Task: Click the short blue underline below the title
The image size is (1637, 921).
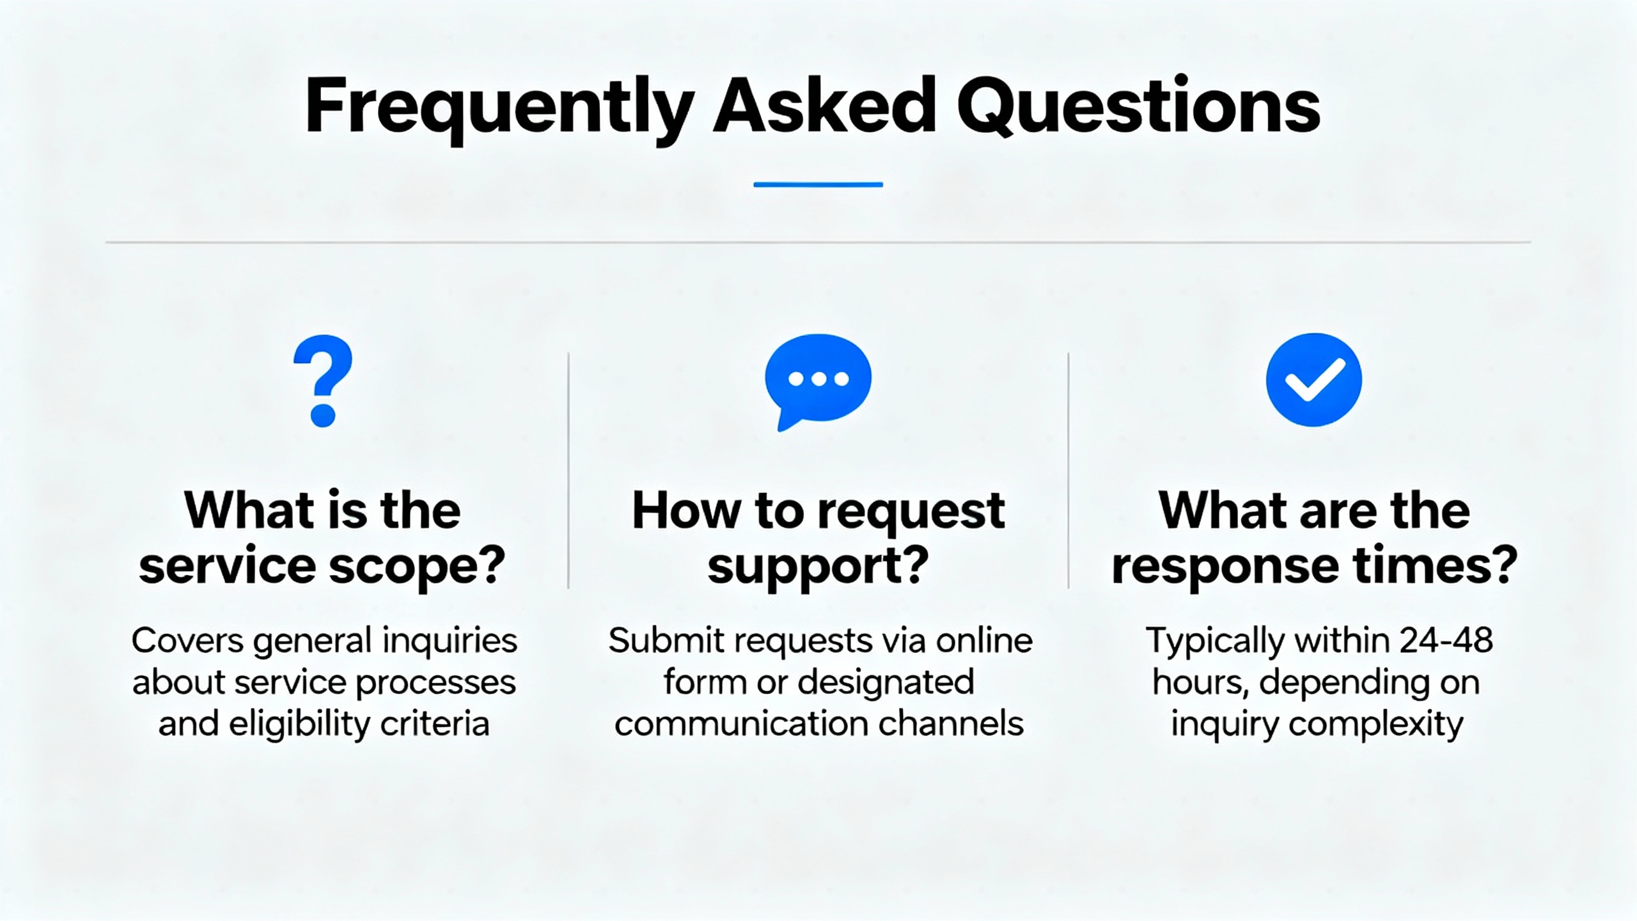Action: click(x=818, y=184)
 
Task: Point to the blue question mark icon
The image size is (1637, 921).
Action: click(x=323, y=381)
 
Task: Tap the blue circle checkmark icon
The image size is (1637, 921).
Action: click(x=1314, y=380)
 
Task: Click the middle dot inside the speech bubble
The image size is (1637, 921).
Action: click(x=818, y=379)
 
